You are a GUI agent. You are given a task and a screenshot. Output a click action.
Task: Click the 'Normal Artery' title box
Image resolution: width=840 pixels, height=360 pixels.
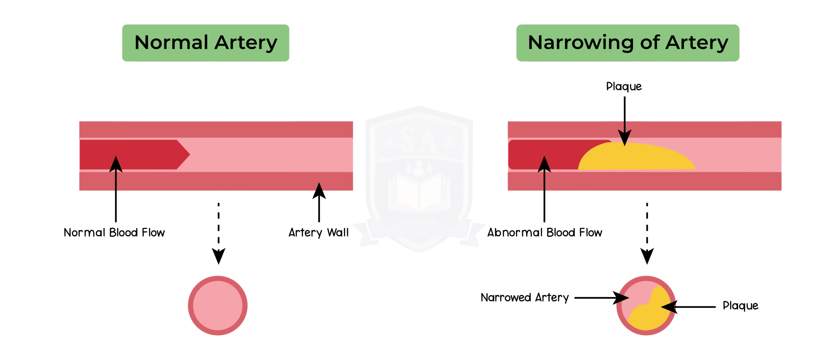pyautogui.click(x=205, y=43)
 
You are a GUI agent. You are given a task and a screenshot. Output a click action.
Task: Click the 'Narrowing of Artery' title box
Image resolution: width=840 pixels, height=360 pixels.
pyautogui.click(x=627, y=43)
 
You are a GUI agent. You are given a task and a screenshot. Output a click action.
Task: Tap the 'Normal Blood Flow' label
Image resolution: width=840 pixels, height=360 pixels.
pyautogui.click(x=114, y=233)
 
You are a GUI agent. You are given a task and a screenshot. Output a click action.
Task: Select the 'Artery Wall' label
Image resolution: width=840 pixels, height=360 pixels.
pyautogui.click(x=318, y=233)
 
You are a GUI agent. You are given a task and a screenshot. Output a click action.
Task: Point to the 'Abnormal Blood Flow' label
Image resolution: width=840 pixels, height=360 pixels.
pyautogui.click(x=545, y=233)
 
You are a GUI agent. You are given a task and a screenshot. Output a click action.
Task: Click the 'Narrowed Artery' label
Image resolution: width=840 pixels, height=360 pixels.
pyautogui.click(x=524, y=298)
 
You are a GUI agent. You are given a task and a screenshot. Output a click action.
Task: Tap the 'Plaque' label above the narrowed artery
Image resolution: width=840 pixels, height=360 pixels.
pyautogui.click(x=624, y=87)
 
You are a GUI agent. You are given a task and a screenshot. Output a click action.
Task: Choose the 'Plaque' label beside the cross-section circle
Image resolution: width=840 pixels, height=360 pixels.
pyautogui.click(x=740, y=306)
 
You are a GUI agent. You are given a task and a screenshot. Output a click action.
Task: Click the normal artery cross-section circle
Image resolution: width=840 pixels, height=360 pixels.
pyautogui.click(x=218, y=306)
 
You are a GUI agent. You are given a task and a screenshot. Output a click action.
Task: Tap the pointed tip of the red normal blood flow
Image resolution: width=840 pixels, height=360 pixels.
pyautogui.click(x=187, y=154)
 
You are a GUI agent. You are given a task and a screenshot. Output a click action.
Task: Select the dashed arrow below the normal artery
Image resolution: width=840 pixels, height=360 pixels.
pyautogui.click(x=219, y=233)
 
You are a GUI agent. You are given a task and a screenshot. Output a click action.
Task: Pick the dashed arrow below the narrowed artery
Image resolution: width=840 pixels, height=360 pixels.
pyautogui.click(x=647, y=233)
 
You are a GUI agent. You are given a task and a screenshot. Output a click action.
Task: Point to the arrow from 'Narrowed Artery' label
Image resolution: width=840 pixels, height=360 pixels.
pyautogui.click(x=600, y=298)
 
